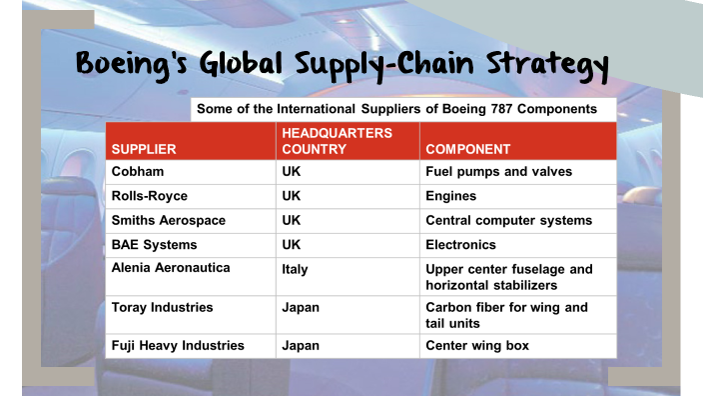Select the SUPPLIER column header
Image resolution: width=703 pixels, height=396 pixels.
[x=144, y=150]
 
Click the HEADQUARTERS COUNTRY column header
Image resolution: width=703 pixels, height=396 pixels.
[x=337, y=141]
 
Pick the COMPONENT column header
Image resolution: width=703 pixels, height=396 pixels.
[x=467, y=150]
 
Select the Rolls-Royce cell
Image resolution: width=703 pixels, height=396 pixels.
[x=150, y=196]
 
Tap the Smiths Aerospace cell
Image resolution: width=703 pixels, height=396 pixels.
[x=168, y=220]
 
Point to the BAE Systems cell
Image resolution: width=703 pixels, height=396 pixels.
[x=154, y=245]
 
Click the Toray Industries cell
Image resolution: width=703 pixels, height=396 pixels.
[x=162, y=307]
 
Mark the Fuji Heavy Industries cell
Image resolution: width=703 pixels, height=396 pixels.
[x=178, y=345]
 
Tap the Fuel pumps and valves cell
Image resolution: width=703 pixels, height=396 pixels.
[x=498, y=171]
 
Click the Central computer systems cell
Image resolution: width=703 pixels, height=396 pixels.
[x=508, y=220]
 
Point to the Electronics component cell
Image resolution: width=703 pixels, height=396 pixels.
[x=460, y=245]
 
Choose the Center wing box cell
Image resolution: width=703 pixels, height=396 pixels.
[x=477, y=345]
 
